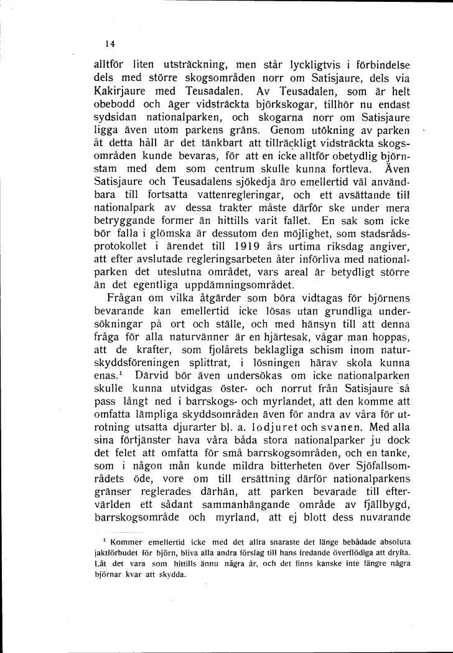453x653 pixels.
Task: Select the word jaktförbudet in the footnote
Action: pos(116,552)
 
